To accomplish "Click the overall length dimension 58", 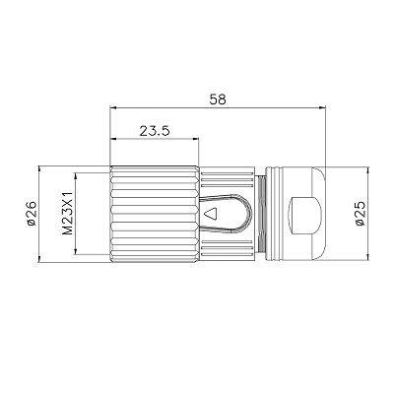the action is (x=218, y=99).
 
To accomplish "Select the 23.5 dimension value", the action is (x=155, y=131).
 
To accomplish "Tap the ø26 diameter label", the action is (x=32, y=214).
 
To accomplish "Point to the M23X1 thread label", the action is (x=68, y=214).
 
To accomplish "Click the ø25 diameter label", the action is (x=361, y=214).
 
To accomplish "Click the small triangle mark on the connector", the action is (x=211, y=214).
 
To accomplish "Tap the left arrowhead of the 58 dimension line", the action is (x=113, y=107).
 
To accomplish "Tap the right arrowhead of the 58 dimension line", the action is (x=321, y=107).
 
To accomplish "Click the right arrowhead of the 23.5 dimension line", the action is (x=196, y=139).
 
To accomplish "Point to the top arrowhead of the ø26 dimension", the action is (x=39, y=169).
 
